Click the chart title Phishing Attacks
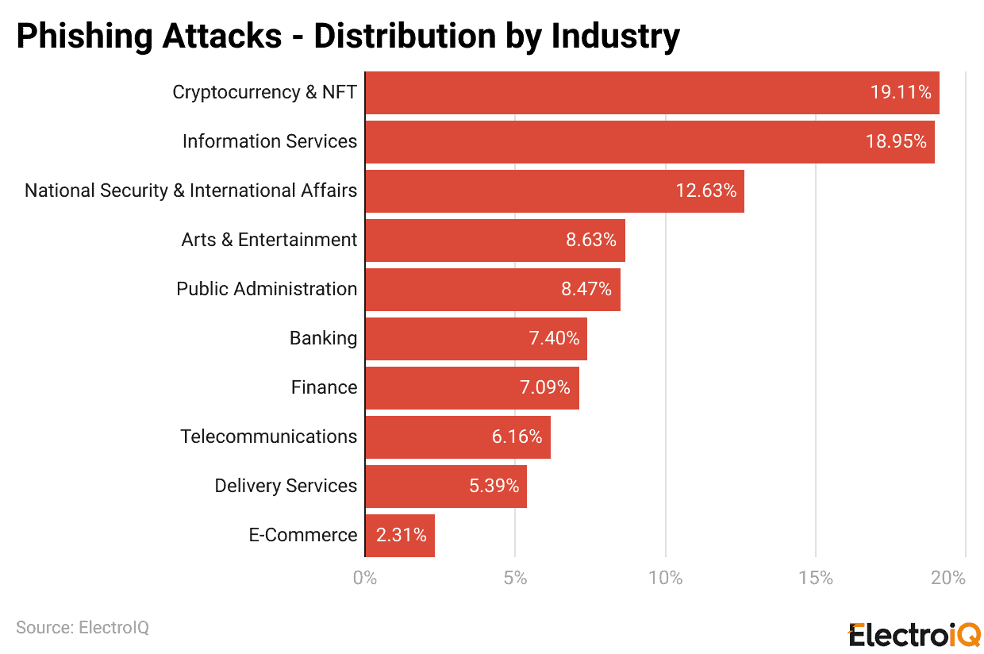(348, 37)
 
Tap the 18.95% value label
(895, 142)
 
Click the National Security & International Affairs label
(190, 191)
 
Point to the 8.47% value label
(586, 290)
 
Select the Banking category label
(323, 339)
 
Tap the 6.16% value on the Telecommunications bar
(517, 437)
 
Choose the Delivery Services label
(286, 487)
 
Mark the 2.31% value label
(401, 536)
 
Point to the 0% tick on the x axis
(365, 578)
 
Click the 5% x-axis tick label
(515, 578)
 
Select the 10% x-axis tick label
(665, 578)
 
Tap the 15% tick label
(816, 578)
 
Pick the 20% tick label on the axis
(948, 578)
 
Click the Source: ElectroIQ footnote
(83, 628)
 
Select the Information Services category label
(270, 142)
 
